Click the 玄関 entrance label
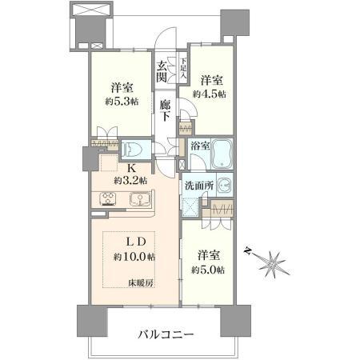[163, 72]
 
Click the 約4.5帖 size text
[210, 93]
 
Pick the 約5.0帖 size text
[209, 270]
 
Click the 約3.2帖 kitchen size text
[130, 182]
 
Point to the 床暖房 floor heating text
[145, 282]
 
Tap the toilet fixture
[134, 149]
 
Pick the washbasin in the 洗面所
[223, 186]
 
